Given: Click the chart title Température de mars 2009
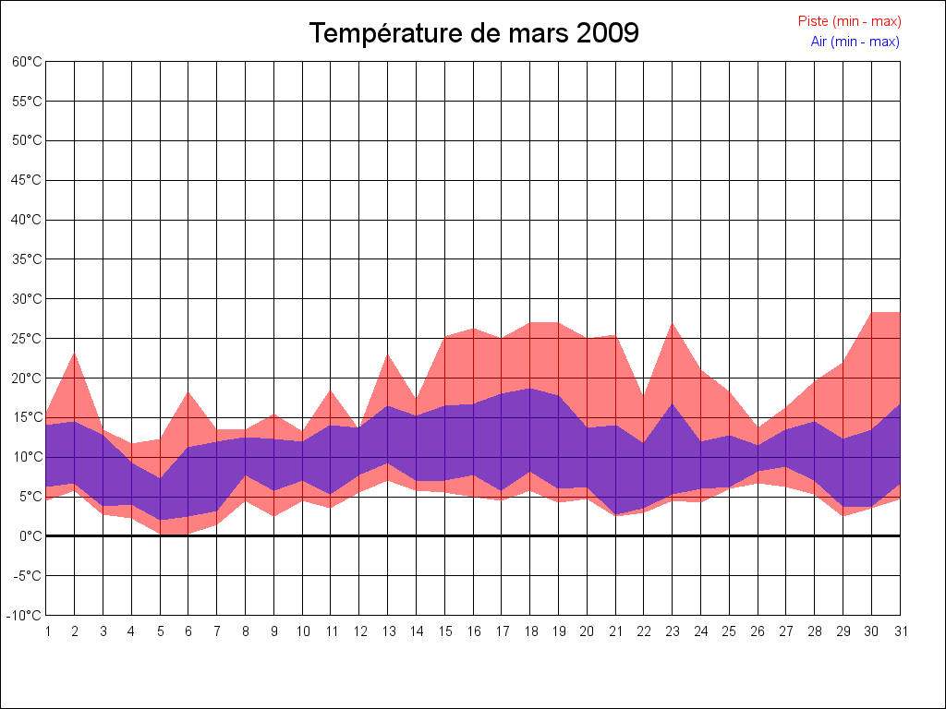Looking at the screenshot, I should pyautogui.click(x=473, y=33).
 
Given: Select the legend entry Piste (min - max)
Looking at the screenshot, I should pyautogui.click(x=849, y=21).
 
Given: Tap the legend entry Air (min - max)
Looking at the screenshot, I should pyautogui.click(x=855, y=42).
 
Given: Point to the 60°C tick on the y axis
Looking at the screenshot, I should pyautogui.click(x=27, y=61).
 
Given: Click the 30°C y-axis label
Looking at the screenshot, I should pyautogui.click(x=27, y=298).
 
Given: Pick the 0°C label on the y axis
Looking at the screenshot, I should pyautogui.click(x=30, y=535).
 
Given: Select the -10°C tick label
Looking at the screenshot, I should pyautogui.click(x=25, y=615).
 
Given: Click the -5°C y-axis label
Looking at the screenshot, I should pyautogui.click(x=27, y=575).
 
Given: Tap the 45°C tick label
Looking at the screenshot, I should pyautogui.click(x=27, y=180).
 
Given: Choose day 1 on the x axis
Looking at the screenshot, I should pyautogui.click(x=46, y=631).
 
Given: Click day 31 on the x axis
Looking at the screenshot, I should pyautogui.click(x=900, y=631).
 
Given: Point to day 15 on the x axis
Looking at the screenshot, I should pyautogui.click(x=444, y=631).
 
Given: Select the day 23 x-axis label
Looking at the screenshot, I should pyautogui.click(x=673, y=631).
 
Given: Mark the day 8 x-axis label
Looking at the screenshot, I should pyautogui.click(x=246, y=631).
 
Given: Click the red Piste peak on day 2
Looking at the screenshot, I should pyautogui.click(x=75, y=353).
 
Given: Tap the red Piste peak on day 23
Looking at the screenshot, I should pyautogui.click(x=673, y=323).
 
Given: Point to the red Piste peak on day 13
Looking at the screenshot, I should pyautogui.click(x=388, y=354).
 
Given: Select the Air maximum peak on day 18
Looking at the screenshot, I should pyautogui.click(x=530, y=389).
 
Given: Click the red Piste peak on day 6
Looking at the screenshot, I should pyautogui.click(x=188, y=392).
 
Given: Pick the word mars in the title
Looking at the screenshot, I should pyautogui.click(x=538, y=33).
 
